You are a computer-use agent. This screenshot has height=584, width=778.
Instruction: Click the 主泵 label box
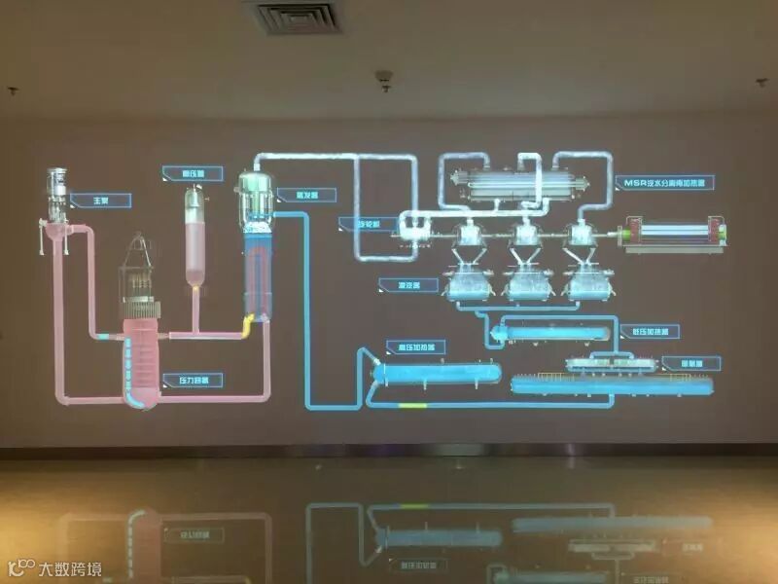[99, 201]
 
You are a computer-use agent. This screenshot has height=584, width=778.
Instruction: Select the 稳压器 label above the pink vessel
[185, 173]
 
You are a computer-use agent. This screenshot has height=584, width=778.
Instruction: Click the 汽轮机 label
[362, 223]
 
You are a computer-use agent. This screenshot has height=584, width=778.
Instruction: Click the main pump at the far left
[59, 200]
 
